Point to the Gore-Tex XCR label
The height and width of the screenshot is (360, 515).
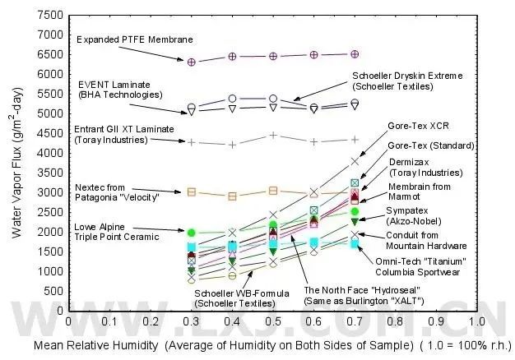click(416, 127)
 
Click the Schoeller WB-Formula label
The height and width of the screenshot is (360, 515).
click(235, 298)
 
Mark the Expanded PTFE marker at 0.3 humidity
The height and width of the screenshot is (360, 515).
click(192, 62)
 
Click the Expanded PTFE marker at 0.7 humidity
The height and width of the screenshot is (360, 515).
click(355, 54)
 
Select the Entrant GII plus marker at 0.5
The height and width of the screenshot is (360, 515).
click(273, 135)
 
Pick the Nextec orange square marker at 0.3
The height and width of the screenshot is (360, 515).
click(192, 192)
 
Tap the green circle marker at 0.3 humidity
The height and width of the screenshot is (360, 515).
click(192, 233)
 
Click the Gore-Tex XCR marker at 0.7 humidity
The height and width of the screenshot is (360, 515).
click(355, 161)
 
